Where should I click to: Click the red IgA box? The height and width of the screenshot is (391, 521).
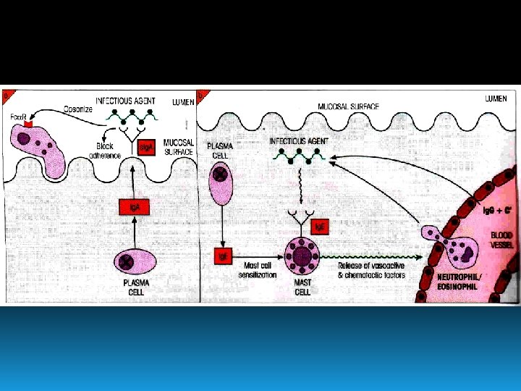click(x=134, y=208)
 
